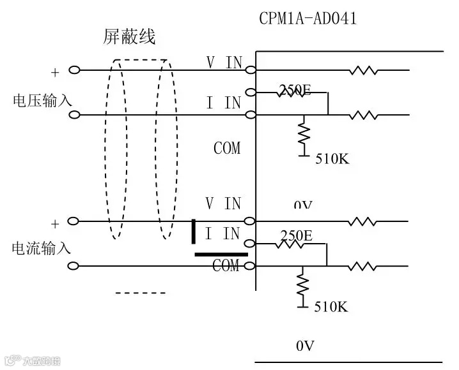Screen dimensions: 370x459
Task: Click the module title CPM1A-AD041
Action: pos(307,18)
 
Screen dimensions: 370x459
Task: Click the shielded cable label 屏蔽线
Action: pos(129,38)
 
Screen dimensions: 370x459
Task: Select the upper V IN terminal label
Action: pos(224,62)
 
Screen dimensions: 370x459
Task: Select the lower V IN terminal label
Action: pos(223,204)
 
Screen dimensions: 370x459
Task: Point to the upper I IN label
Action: pos(223,103)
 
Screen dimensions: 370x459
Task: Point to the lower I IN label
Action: pos(222,233)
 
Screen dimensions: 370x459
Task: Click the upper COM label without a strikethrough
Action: pos(227,149)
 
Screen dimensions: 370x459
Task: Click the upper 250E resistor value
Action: pos(295,91)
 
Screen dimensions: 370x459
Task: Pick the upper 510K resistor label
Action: pos(332,159)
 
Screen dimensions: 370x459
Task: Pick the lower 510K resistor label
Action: pos(331,307)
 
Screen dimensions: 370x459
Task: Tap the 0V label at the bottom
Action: pos(305,346)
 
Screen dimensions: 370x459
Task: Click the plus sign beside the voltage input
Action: pos(54,73)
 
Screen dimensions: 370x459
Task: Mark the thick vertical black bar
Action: pos(194,231)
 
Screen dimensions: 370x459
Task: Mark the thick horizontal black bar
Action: pos(221,254)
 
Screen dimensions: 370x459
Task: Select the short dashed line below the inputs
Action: pos(140,293)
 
